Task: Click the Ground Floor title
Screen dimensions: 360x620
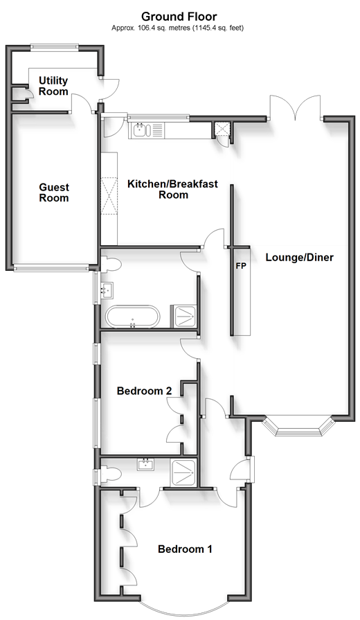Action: pyautogui.click(x=179, y=17)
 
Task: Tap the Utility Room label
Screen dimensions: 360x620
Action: pyautogui.click(x=53, y=86)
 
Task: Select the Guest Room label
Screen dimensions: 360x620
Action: pyautogui.click(x=54, y=193)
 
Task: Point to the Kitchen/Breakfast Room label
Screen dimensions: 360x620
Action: pyautogui.click(x=172, y=189)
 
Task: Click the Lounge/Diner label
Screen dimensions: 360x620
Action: pyautogui.click(x=300, y=258)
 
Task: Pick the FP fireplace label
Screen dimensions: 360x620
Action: pyautogui.click(x=241, y=266)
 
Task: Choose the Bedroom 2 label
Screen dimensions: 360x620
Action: pyautogui.click(x=144, y=391)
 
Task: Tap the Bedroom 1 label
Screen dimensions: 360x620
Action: pyautogui.click(x=185, y=549)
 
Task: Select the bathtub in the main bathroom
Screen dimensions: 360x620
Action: pyautogui.click(x=133, y=317)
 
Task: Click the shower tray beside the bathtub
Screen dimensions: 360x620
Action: pyautogui.click(x=183, y=317)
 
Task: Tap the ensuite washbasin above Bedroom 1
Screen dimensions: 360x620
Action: pyautogui.click(x=147, y=464)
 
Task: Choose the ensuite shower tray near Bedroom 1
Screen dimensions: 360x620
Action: pyautogui.click(x=183, y=472)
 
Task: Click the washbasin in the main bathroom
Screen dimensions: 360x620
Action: pyautogui.click(x=107, y=290)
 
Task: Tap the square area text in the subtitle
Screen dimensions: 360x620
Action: pyautogui.click(x=177, y=28)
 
